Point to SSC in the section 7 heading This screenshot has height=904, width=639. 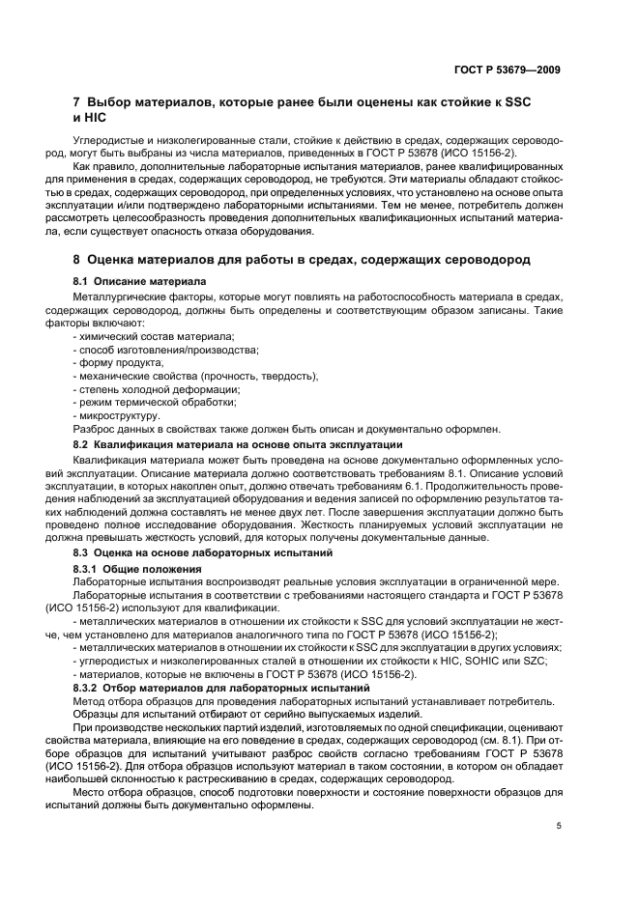pyautogui.click(x=518, y=101)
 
